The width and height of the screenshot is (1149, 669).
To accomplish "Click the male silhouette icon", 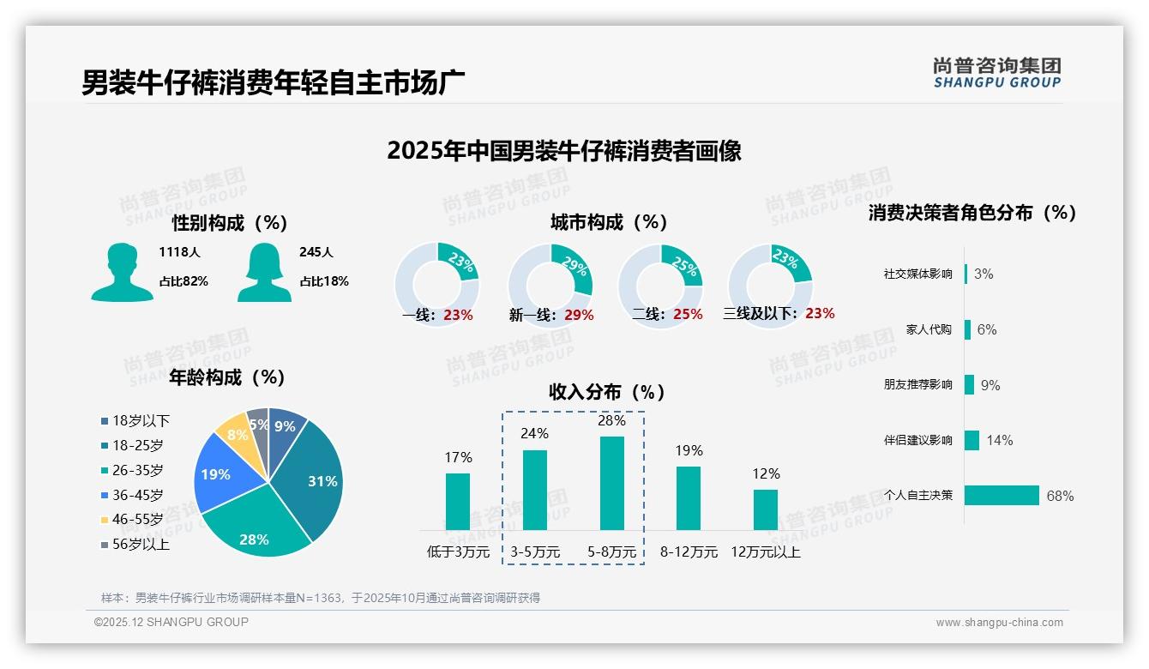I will point(122,272).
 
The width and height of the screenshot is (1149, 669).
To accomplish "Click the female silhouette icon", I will point(264,272).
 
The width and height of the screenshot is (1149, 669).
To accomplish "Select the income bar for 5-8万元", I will point(611,483).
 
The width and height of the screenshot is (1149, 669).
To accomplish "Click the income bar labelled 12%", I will point(766,509).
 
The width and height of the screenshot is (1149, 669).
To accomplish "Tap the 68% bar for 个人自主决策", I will point(1002,495).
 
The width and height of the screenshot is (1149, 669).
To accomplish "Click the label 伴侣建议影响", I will point(917,440).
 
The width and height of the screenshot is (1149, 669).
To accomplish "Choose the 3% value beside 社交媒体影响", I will point(984,274).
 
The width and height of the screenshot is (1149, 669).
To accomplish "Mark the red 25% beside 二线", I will point(688,315).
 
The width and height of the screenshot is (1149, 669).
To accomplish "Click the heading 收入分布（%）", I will point(607,392).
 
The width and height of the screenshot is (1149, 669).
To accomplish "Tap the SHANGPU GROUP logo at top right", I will point(996,73).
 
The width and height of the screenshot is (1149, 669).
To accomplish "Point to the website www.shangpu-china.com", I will point(999,623).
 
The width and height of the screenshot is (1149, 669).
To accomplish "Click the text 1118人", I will point(180,252).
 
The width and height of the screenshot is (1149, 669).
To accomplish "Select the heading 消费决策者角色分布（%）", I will point(972,213).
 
